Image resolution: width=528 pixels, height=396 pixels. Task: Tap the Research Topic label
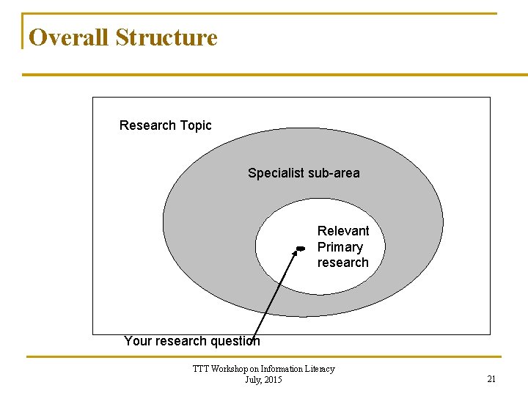(165, 125)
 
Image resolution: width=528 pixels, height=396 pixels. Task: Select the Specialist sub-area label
(304, 173)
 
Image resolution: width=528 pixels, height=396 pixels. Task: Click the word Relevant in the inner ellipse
(343, 231)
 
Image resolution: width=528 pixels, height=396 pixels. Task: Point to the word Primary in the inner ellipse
(340, 247)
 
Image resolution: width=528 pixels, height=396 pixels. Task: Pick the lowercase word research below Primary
(342, 263)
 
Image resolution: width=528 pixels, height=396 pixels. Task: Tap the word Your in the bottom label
(138, 341)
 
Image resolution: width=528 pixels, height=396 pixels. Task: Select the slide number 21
(491, 379)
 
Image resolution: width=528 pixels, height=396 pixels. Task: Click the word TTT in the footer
(200, 369)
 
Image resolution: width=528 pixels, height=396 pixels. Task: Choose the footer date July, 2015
(263, 379)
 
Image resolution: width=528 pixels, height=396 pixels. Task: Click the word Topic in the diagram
(194, 125)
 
